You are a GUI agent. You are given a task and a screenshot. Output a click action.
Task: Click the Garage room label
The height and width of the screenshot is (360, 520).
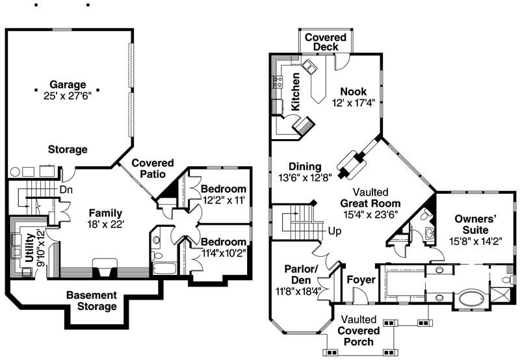pyautogui.click(x=66, y=84)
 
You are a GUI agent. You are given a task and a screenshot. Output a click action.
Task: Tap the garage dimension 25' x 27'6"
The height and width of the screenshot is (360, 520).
pyautogui.click(x=66, y=96)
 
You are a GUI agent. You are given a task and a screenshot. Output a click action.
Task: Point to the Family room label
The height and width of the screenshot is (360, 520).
pyautogui.click(x=106, y=212)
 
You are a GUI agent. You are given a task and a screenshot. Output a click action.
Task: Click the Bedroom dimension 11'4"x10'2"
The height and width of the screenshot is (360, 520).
pyautogui.click(x=222, y=253)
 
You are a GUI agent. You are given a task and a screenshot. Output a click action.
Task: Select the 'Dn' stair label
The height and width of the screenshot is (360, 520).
pyautogui.click(x=66, y=190)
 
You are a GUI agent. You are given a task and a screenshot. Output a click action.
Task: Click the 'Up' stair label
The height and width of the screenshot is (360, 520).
pyautogui.click(x=334, y=231)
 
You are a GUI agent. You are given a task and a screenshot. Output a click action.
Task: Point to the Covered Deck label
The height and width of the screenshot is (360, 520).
pyautogui.click(x=325, y=42)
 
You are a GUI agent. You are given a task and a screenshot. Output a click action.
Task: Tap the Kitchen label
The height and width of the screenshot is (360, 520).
pyautogui.click(x=295, y=90)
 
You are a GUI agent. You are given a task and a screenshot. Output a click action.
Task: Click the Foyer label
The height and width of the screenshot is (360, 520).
pyautogui.click(x=359, y=279)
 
